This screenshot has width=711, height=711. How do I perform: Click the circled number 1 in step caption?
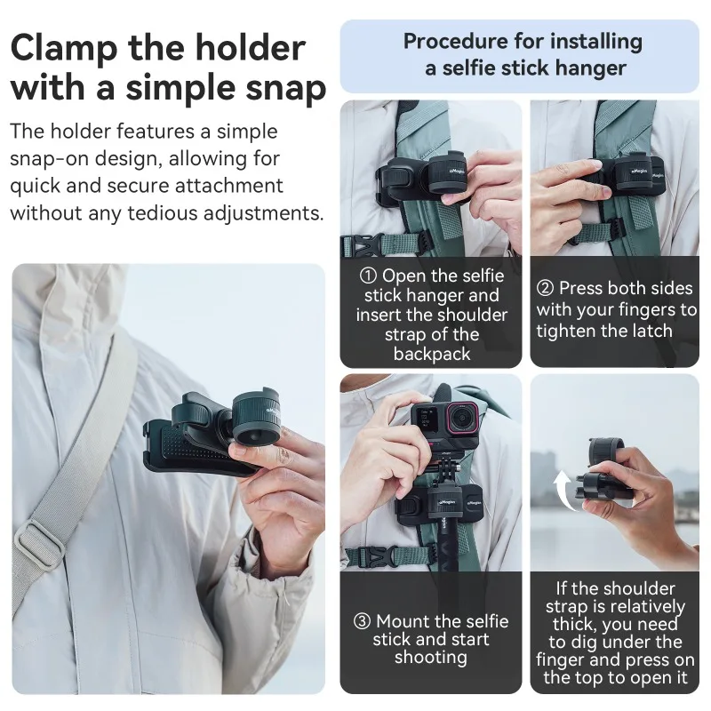[x=368, y=276]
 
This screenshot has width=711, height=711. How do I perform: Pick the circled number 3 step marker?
[x=361, y=621]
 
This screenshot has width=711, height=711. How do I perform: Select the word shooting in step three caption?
[x=430, y=658]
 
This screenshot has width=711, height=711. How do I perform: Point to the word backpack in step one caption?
[x=430, y=354]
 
